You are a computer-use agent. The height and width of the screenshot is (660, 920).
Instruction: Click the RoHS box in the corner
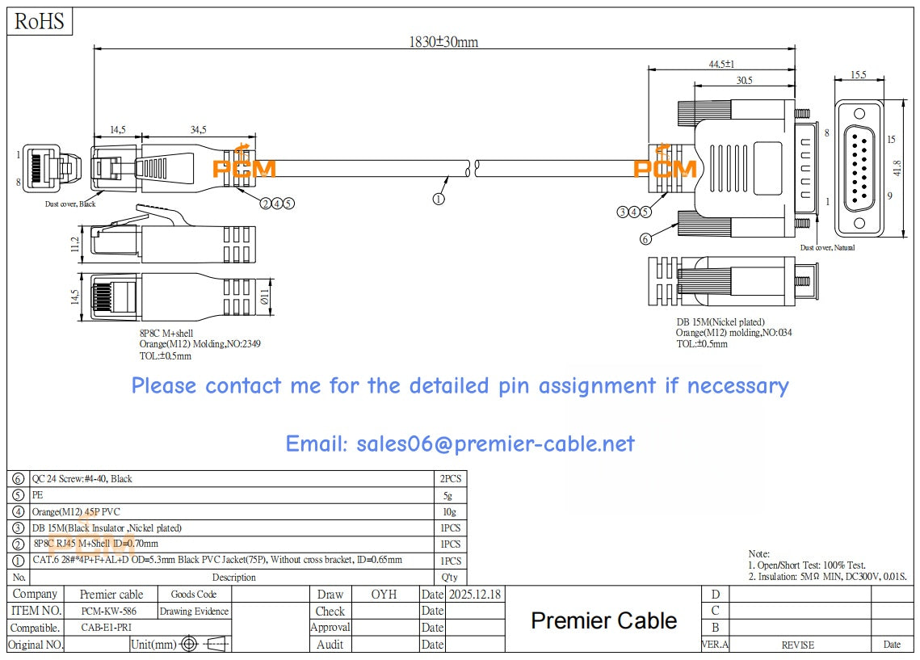tap(40, 22)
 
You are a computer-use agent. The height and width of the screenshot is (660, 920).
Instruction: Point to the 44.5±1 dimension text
tap(721, 64)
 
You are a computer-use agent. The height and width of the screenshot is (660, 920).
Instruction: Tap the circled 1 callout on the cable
tap(439, 198)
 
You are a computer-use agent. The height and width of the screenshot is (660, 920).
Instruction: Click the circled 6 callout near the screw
tap(645, 238)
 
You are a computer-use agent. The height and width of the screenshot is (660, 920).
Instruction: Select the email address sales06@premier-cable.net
tap(460, 444)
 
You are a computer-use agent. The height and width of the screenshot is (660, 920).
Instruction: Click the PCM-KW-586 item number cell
tap(109, 612)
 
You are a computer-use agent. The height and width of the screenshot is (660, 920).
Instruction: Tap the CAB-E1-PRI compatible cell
tap(107, 628)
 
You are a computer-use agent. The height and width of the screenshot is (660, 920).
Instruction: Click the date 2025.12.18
tap(474, 595)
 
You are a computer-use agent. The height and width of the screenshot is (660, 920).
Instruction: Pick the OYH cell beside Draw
tap(384, 595)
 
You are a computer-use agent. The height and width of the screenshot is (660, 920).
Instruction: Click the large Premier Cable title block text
tap(603, 620)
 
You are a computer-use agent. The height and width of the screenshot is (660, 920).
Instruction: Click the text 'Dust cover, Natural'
tap(827, 248)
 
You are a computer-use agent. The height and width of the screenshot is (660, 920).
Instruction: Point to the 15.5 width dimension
tap(859, 75)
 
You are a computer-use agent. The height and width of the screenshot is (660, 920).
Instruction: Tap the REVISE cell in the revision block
tap(797, 645)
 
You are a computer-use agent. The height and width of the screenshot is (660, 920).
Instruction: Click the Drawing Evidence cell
tap(194, 612)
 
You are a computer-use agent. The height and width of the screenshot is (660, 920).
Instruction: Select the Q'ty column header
tap(449, 578)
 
